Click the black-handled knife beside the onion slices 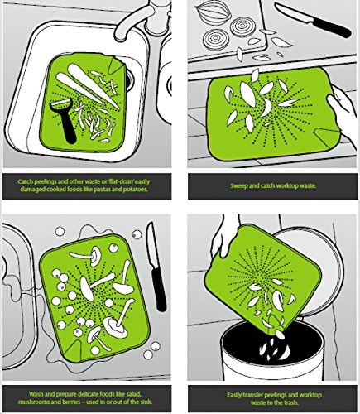pyautogui.click(x=312, y=20)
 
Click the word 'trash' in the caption pyautogui.click(x=290, y=402)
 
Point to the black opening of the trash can pyautogui.click(x=273, y=342)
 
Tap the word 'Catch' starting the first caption pyautogui.click(x=25, y=182)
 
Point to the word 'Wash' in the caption pyautogui.click(x=36, y=394)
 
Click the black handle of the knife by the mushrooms pyautogui.click(x=159, y=288)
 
